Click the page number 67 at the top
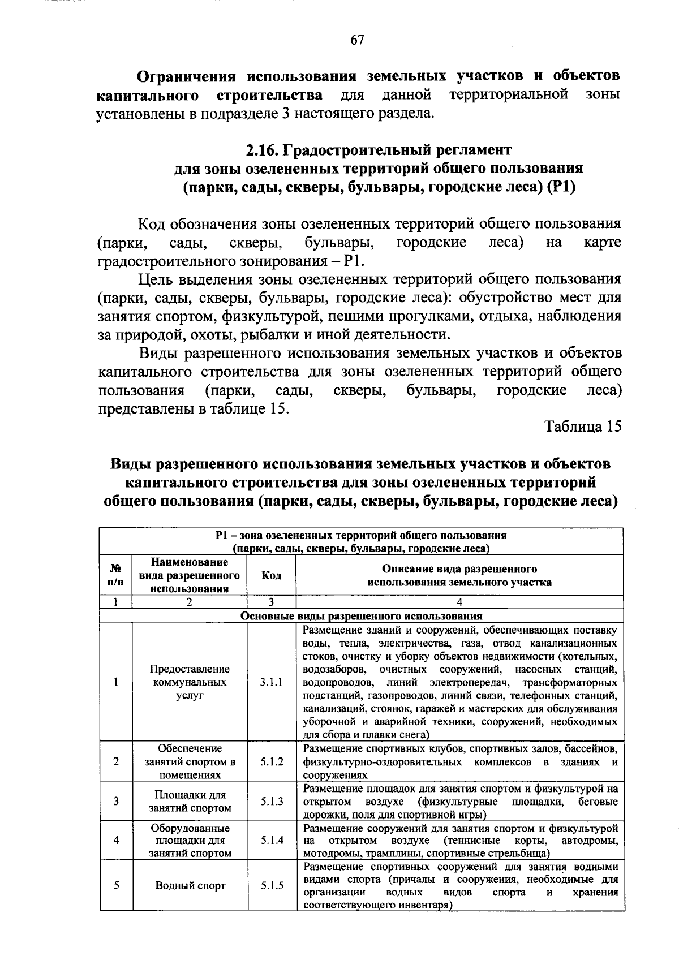(357, 40)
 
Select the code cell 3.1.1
(272, 682)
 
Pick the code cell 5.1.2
(272, 761)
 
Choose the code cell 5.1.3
(272, 801)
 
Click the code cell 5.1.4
(272, 840)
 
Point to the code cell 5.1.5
(272, 885)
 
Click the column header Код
(272, 575)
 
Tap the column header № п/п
(115, 575)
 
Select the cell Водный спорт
(190, 885)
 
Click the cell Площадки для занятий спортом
(190, 802)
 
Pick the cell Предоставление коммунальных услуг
(190, 682)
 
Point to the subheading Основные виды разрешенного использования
(362, 616)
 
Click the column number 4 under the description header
(459, 602)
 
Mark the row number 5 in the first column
(115, 885)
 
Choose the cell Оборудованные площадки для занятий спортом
(190, 840)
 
